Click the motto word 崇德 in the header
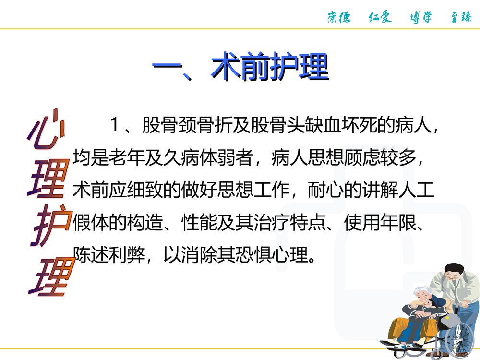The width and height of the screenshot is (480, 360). coord(339,17)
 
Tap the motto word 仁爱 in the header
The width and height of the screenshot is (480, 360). coord(380,17)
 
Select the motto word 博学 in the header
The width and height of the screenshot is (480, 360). coord(420,17)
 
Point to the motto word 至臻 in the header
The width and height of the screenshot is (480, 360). coord(461,17)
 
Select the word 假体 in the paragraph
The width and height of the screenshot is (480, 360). coord(89,222)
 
